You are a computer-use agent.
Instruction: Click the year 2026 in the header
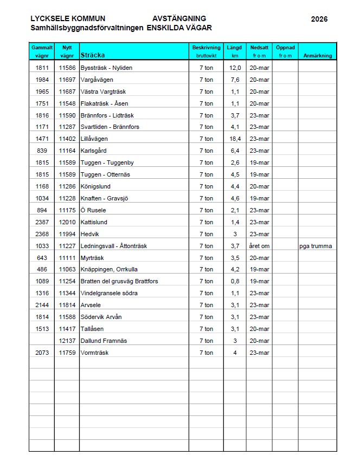319,19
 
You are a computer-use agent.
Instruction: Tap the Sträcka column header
92,55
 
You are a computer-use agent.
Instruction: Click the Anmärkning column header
317,55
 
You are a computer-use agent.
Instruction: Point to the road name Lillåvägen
94,139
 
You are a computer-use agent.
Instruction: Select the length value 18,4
235,139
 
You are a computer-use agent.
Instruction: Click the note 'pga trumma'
316,246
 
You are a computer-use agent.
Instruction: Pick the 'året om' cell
259,246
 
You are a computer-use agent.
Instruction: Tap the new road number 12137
67,341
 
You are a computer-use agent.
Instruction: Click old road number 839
42,151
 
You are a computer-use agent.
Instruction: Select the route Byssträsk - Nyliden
106,68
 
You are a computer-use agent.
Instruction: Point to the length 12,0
235,68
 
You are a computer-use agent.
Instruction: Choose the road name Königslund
95,187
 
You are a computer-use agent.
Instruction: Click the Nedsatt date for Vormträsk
259,353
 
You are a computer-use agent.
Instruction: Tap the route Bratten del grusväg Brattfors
119,282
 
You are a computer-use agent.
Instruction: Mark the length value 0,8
235,282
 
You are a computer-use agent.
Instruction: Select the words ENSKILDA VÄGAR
179,28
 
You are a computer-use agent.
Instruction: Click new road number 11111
67,258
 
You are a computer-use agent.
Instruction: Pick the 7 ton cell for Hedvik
206,234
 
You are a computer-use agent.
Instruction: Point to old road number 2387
42,222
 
